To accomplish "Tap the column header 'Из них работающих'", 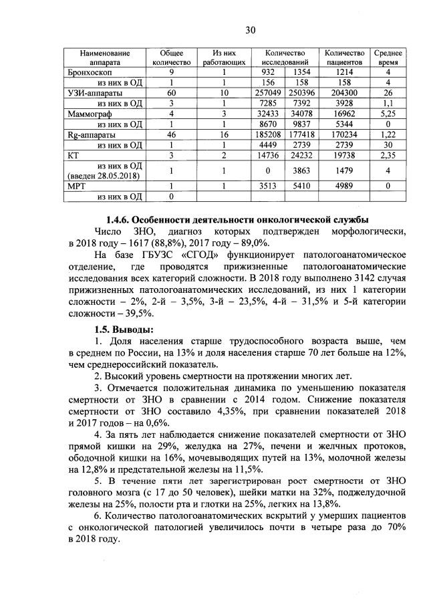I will (x=224, y=57).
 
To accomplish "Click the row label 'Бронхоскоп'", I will (x=89, y=72).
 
